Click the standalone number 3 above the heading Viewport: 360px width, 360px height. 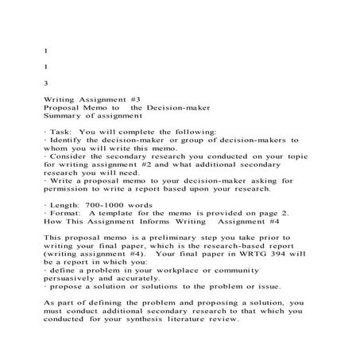tap(45, 82)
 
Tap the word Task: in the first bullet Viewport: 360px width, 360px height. tap(64, 131)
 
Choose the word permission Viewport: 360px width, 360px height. tap(70, 187)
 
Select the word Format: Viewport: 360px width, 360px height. tap(67, 214)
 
